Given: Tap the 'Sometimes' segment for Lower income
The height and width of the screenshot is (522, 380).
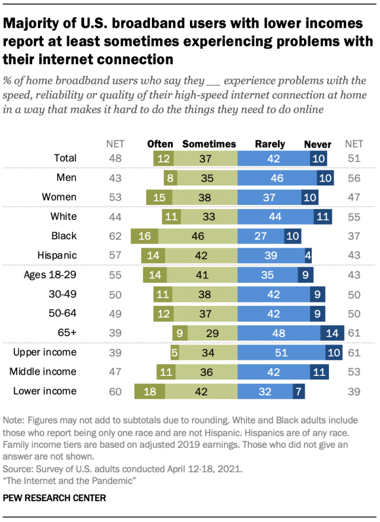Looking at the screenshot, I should coord(201,391).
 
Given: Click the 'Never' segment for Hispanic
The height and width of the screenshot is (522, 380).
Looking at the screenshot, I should coord(308,255).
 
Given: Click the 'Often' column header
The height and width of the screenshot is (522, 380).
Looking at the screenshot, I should coord(160,144).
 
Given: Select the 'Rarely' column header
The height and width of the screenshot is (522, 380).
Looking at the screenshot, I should coord(270,144).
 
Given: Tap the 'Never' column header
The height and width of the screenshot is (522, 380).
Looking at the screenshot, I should coord(318,144).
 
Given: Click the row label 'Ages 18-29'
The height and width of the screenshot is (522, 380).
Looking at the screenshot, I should coord(50,275).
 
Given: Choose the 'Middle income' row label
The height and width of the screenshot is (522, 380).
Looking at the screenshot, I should coord(43,372).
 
